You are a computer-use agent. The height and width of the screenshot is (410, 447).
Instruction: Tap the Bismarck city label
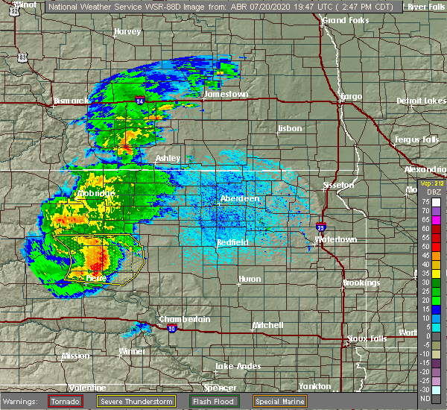72,100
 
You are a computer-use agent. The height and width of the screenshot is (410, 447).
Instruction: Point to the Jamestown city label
226,95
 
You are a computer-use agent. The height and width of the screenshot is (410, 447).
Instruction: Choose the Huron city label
250,279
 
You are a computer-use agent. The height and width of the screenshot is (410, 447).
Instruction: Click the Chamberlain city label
184,319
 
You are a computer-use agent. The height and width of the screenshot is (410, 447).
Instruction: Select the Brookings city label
361,283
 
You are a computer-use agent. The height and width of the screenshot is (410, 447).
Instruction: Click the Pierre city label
95,277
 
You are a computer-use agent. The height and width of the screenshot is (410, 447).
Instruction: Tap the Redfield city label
232,243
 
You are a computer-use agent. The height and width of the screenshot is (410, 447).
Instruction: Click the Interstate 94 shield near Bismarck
140,99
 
